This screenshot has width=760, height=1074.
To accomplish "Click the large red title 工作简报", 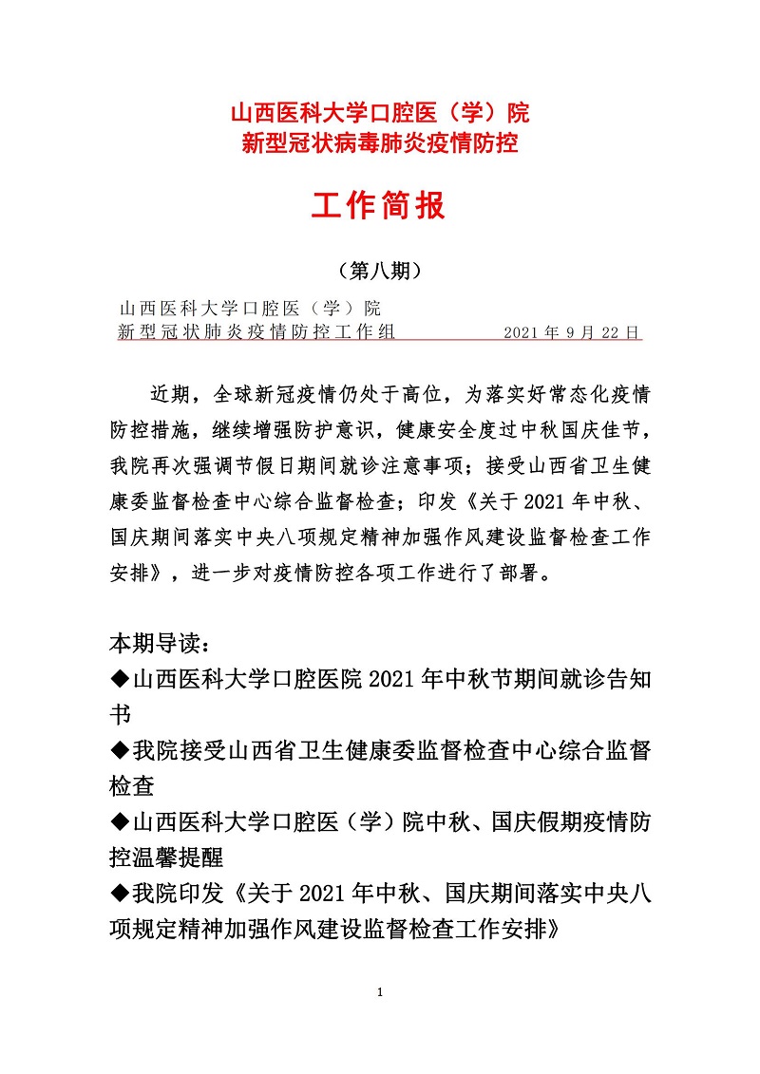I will [x=379, y=205].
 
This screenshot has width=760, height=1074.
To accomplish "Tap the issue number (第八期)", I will [x=379, y=271].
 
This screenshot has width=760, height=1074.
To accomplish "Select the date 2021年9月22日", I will [x=573, y=332].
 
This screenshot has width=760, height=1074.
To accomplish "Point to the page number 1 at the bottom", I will [x=379, y=993].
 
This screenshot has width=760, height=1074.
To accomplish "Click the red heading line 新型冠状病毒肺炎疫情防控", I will [x=380, y=143].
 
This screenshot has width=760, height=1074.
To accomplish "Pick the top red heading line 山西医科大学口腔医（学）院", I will [x=380, y=114].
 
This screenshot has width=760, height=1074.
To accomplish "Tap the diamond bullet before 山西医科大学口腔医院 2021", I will [x=119, y=680].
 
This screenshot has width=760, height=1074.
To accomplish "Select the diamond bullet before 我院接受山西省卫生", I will [x=119, y=751].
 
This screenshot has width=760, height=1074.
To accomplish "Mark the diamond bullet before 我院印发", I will [x=119, y=894].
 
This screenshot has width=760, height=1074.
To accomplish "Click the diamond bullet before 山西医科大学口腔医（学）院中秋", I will [x=119, y=822].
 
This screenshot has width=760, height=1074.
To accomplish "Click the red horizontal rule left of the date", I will [x=446, y=339].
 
